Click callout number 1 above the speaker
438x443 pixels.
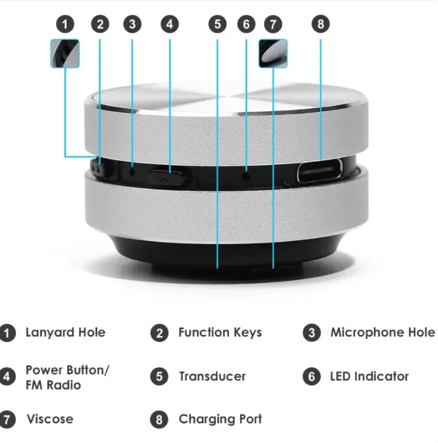tap(64, 24)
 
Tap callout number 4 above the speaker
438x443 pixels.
tap(170, 24)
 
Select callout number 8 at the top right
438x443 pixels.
tap(320, 24)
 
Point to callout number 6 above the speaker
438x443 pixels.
tap(246, 24)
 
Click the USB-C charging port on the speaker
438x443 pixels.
tap(320, 171)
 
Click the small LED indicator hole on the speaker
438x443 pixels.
tap(246, 174)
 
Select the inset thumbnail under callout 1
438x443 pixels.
tap(64, 53)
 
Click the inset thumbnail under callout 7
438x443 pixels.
tap(273, 53)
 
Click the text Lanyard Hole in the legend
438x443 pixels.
tap(65, 332)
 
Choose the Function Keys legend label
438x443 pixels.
tap(220, 332)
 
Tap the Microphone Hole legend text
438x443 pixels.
tap(382, 332)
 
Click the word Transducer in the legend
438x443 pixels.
tap(212, 377)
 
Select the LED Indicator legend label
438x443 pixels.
tap(369, 377)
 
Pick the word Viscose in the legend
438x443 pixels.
tap(50, 419)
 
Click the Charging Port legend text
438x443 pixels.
tap(220, 419)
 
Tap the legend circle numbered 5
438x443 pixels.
tap(159, 377)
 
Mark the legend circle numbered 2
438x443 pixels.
tap(159, 333)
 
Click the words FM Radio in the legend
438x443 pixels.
tap(53, 384)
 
